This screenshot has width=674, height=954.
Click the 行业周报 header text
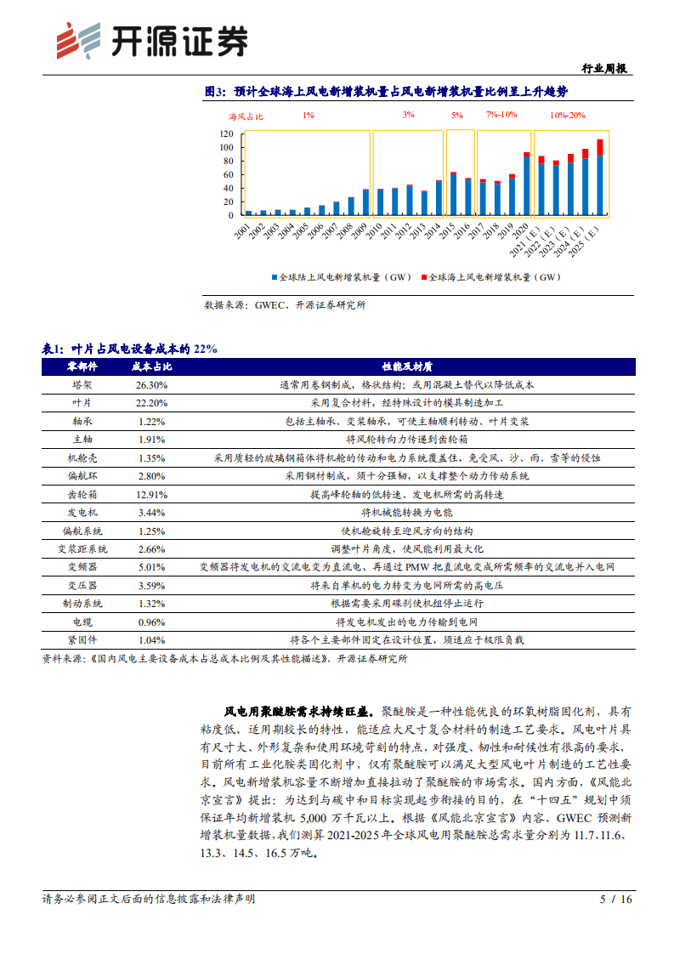[606, 69]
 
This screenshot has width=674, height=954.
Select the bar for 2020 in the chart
[527, 184]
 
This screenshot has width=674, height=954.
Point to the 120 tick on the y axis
[226, 134]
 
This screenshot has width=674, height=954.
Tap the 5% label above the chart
[457, 115]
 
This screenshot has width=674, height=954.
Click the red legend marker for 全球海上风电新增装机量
[424, 277]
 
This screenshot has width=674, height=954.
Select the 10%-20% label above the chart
[567, 115]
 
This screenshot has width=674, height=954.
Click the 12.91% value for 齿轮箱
[151, 495]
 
